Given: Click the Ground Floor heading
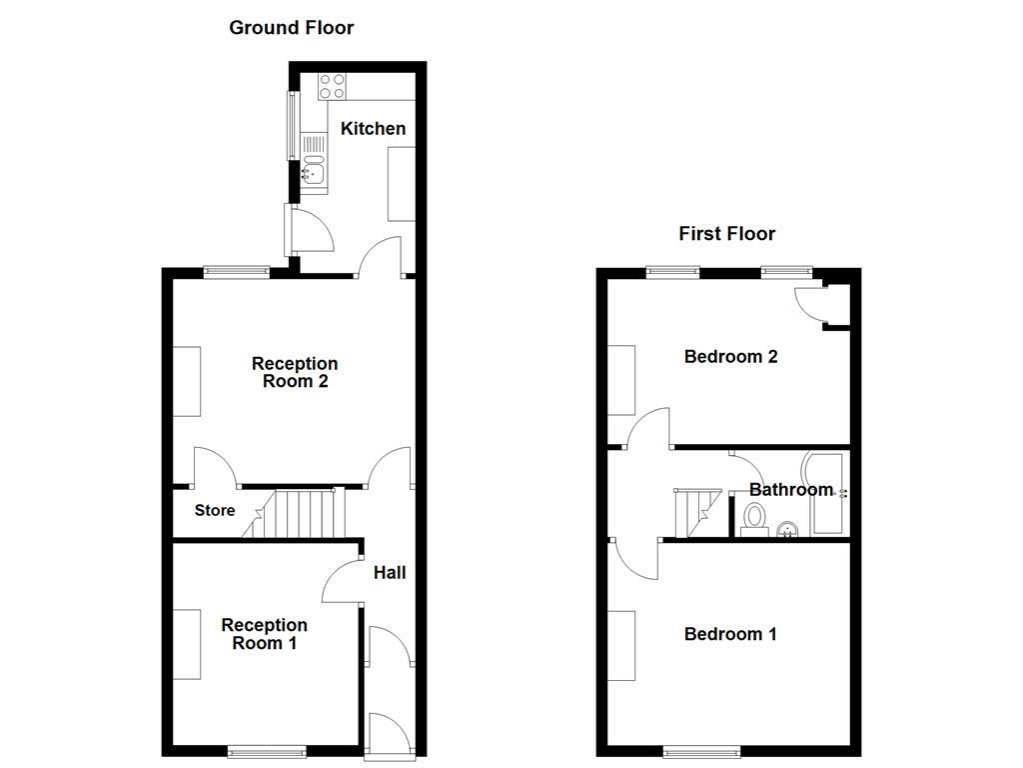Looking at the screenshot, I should click(291, 28).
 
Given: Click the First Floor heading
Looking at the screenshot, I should click(726, 234).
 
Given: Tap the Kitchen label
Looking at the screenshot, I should click(373, 128).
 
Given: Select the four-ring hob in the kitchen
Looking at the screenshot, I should click(332, 87).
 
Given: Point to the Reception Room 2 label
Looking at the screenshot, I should click(294, 372).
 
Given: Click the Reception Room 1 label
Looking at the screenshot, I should click(264, 634).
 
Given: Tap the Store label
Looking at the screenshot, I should click(214, 511).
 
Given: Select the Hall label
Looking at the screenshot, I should click(390, 573).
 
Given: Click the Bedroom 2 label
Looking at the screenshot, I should click(730, 357).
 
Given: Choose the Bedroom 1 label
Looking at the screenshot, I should click(730, 634).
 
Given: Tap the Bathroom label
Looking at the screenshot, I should click(790, 490).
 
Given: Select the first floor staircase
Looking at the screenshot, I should click(692, 513).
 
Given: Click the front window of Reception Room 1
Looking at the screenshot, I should click(266, 751).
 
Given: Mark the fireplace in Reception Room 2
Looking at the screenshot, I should click(187, 381).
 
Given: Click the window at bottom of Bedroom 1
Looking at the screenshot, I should click(702, 751).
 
